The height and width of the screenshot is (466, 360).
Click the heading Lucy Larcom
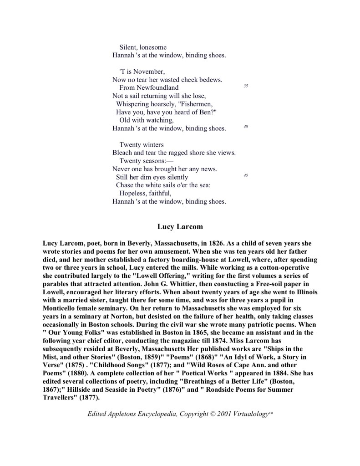tap(180, 226)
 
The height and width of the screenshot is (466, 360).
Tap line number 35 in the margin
tap(245, 86)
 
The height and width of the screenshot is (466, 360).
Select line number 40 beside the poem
tap(245, 126)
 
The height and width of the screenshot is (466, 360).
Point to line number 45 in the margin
tap(245, 175)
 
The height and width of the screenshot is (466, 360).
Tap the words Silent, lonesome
tap(143, 47)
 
